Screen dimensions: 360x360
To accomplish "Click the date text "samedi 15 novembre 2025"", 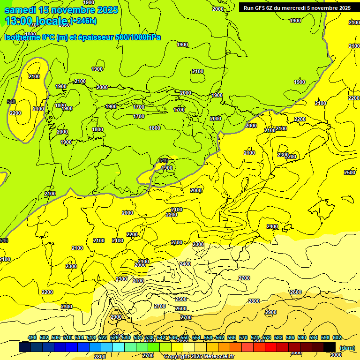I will click(x=55, y=10).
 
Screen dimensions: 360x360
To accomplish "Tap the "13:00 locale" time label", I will click(x=37, y=21).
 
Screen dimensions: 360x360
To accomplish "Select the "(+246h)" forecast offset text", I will click(x=83, y=21).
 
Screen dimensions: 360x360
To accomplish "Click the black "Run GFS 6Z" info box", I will click(x=297, y=7).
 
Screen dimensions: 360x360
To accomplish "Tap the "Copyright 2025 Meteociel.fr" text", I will click(x=199, y=357).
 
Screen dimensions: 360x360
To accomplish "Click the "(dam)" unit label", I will click(x=347, y=348).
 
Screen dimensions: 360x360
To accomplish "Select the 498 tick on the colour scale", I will click(x=32, y=337).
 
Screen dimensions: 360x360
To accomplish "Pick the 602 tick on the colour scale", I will click(x=337, y=337).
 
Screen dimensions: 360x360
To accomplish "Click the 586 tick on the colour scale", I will click(x=290, y=337).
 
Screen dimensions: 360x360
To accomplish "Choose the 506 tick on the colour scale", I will click(x=56, y=337).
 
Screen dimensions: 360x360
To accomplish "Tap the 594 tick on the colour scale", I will click(x=314, y=337).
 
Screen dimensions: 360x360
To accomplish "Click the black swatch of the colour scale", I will click(x=330, y=347).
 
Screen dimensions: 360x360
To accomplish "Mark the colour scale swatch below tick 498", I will click(x=25, y=347).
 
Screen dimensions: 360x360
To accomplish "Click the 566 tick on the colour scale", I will click(x=232, y=337).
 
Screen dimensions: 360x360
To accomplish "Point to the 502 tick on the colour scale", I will click(x=44, y=337).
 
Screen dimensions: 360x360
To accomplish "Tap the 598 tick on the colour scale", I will click(x=325, y=337).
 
